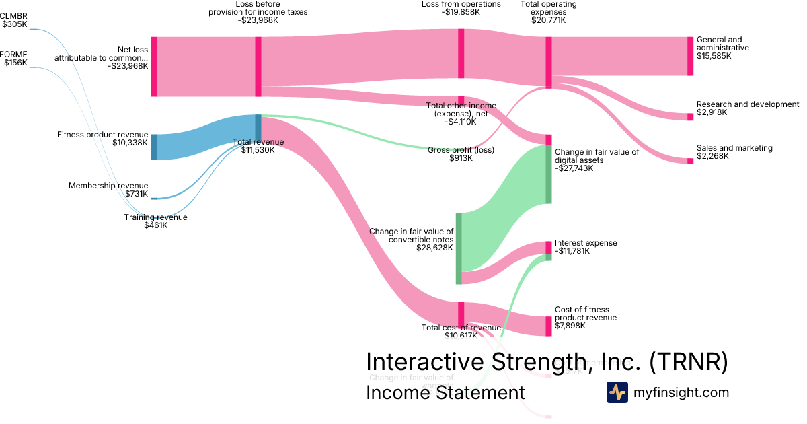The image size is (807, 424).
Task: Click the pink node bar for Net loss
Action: click(153, 67)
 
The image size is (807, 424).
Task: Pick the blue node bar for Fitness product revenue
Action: click(153, 147)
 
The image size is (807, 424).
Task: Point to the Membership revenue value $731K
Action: click(137, 194)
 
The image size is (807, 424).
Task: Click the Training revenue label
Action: click(155, 217)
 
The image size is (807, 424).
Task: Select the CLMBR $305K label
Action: click(14, 20)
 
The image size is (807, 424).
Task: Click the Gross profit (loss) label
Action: click(461, 150)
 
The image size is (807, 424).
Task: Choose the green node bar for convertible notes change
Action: click(459, 248)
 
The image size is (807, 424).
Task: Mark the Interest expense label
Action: click(585, 243)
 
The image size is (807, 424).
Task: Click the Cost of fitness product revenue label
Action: click(585, 314)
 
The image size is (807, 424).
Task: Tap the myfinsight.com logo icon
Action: click(617, 392)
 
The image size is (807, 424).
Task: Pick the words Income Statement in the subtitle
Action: click(445, 393)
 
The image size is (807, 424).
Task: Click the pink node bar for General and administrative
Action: click(690, 56)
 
